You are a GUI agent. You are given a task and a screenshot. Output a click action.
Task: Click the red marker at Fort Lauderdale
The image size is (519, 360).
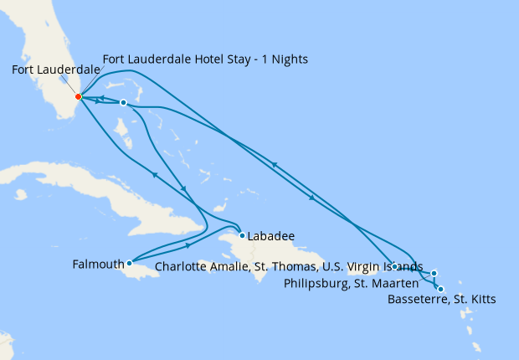(x=78, y=96)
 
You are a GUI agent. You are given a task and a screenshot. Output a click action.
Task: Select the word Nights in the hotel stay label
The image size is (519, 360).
(x=289, y=60)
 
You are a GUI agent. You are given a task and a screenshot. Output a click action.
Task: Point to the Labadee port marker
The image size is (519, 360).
(x=242, y=235)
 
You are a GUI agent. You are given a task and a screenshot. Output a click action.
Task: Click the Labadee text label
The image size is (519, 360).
(x=272, y=236)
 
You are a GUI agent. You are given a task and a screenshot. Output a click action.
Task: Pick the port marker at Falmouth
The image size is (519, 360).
(x=129, y=263)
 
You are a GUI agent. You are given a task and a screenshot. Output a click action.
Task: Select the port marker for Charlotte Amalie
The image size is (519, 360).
(x=393, y=266)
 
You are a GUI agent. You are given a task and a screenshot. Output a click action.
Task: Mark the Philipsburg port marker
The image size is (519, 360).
(x=434, y=273)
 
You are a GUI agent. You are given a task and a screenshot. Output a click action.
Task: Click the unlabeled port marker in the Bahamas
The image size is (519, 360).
(x=123, y=103)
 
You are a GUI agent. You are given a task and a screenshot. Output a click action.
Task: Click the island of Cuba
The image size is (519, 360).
(x=100, y=188)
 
